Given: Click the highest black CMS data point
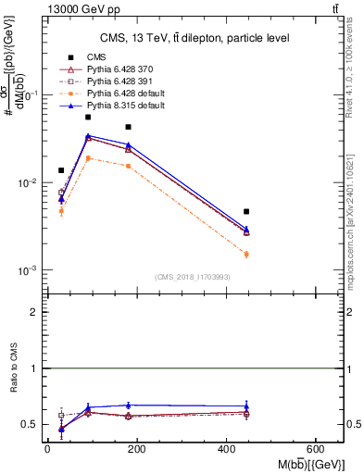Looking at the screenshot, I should pyautogui.click(x=88, y=117).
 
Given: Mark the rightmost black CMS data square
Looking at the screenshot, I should pyautogui.click(x=246, y=212).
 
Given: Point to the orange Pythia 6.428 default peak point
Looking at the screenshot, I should pyautogui.click(x=88, y=158).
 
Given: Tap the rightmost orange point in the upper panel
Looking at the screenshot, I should pyautogui.click(x=246, y=254).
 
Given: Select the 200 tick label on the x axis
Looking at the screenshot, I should pyautogui.click(x=137, y=449).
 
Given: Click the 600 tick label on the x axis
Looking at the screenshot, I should pyautogui.click(x=317, y=449).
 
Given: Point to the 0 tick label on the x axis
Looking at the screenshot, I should pyautogui.click(x=47, y=449).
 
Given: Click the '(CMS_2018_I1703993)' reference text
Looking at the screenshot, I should pyautogui.click(x=193, y=277).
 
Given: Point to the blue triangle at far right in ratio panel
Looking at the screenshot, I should pyautogui.click(x=246, y=405).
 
